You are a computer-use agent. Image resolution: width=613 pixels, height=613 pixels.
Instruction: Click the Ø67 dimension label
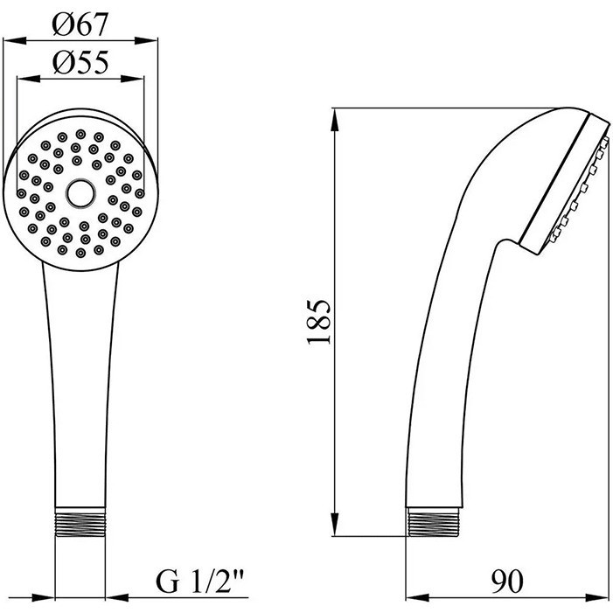(x=80, y=24)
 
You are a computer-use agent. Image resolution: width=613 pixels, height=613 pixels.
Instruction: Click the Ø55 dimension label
(x=80, y=63)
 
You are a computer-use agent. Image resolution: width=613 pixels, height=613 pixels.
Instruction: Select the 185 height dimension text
(x=318, y=322)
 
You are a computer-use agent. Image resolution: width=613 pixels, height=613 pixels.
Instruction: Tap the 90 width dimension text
(x=506, y=582)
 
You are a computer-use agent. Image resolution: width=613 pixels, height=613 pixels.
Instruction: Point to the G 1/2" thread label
(x=199, y=582)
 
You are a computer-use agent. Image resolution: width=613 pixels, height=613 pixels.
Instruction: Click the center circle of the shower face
(x=80, y=193)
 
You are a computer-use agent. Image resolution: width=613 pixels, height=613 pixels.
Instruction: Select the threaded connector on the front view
(x=80, y=521)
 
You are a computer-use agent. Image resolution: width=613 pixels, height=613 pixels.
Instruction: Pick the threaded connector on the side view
(x=434, y=521)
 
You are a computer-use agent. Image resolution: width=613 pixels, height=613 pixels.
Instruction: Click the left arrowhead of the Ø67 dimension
(x=15, y=40)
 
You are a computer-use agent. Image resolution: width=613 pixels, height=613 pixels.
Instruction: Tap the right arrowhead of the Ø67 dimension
(x=146, y=40)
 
